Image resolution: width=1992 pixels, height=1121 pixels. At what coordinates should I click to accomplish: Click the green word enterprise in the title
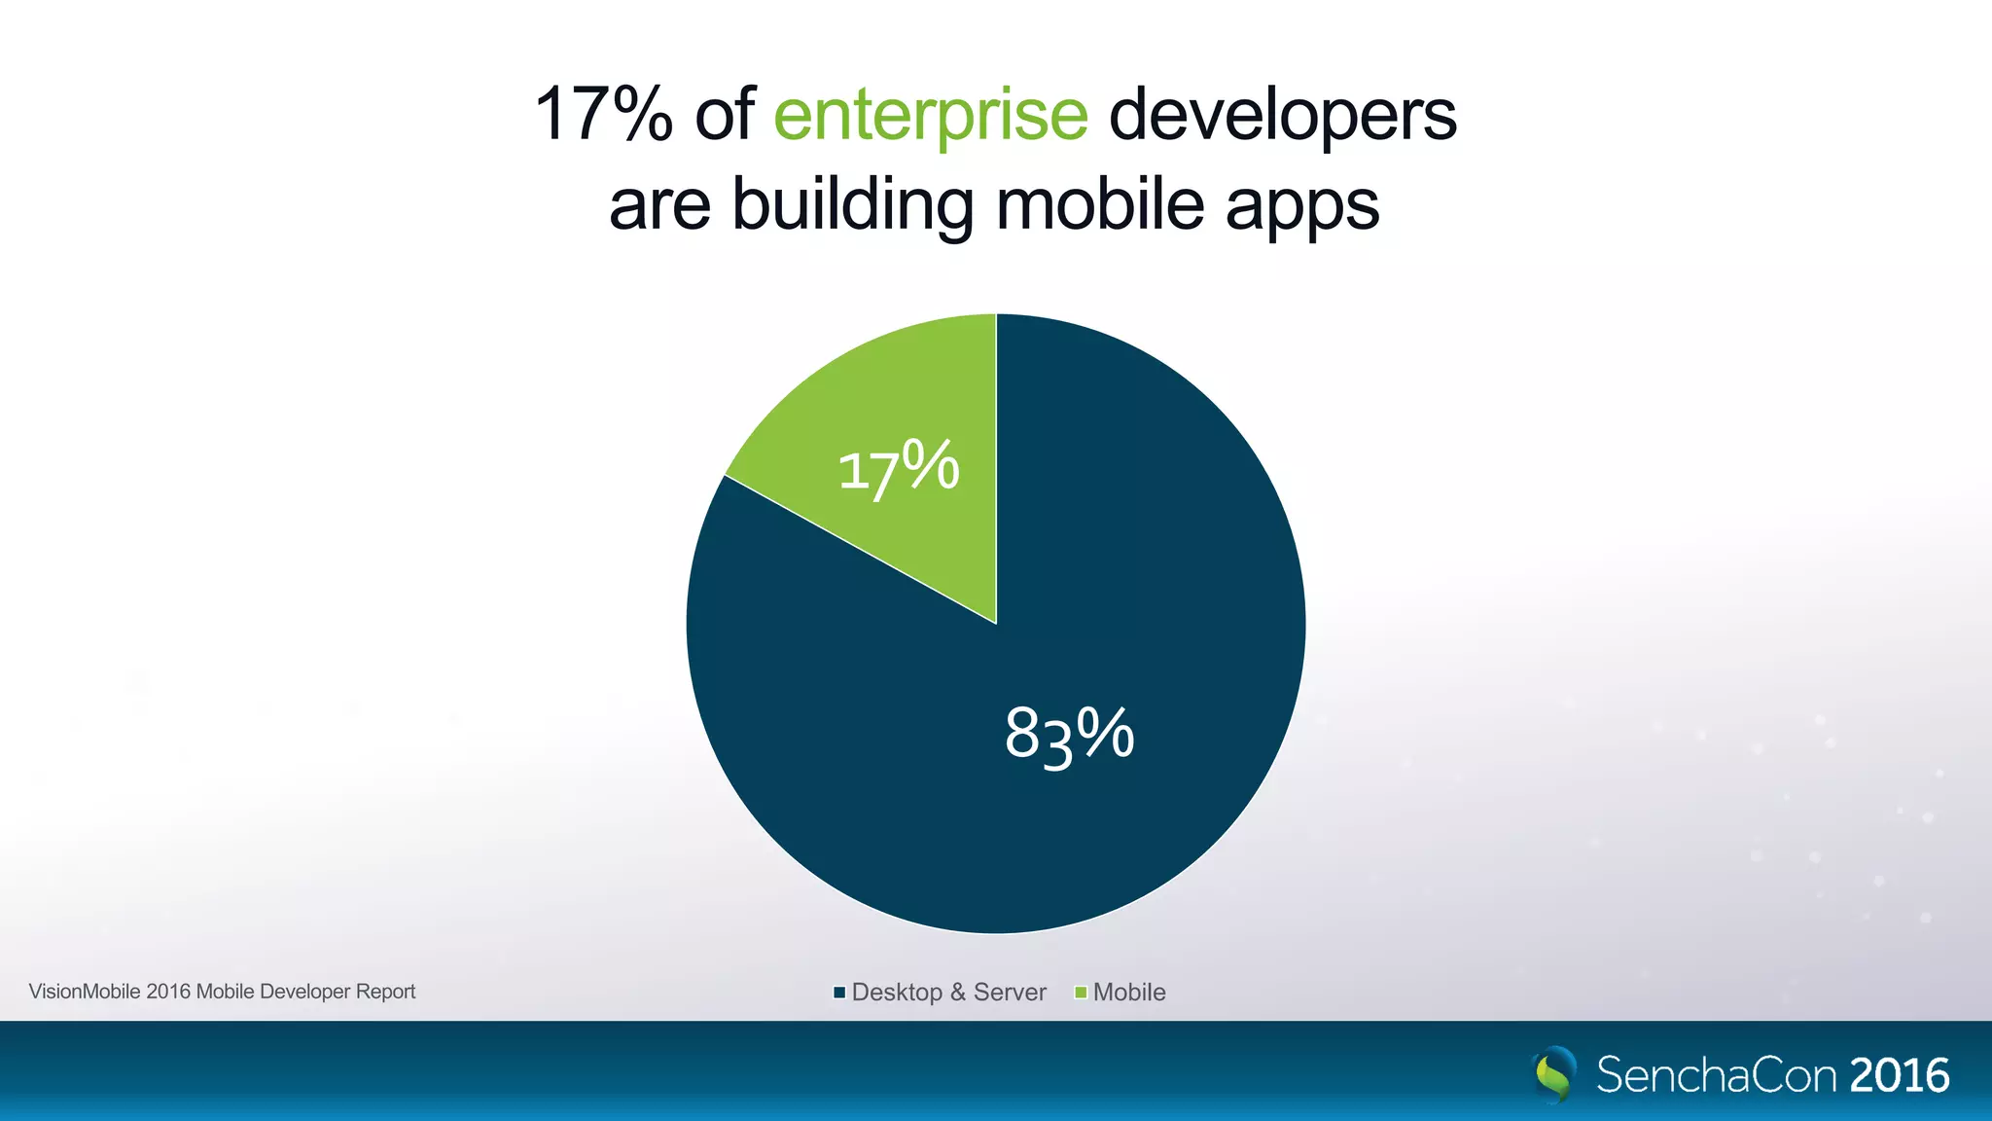tap(930, 116)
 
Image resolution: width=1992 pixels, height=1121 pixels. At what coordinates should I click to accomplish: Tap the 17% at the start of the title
tap(603, 115)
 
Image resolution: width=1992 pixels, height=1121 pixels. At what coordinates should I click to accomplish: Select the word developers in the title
tap(1282, 116)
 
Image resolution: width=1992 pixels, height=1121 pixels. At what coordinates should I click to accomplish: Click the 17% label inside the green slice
tap(898, 469)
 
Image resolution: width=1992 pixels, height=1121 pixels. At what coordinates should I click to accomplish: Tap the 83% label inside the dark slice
tap(1069, 735)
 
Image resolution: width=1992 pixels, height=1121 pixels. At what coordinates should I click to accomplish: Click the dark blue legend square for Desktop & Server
tap(839, 993)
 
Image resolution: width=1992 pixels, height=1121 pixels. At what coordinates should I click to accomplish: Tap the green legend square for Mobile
tap(1080, 993)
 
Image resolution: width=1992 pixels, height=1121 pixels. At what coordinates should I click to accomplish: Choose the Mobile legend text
tap(1129, 993)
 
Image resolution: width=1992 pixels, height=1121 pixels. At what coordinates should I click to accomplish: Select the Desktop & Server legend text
tap(948, 993)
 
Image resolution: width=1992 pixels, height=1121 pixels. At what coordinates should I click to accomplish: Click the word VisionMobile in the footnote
tap(85, 992)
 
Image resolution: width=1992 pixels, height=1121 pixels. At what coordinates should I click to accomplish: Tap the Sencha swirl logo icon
tap(1554, 1074)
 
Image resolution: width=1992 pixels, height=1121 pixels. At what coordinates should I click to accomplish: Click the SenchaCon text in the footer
tap(1717, 1075)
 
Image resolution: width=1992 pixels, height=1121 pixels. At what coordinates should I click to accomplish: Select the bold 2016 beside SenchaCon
tap(1900, 1075)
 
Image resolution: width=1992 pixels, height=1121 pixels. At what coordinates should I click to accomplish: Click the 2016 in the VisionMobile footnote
tap(168, 992)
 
